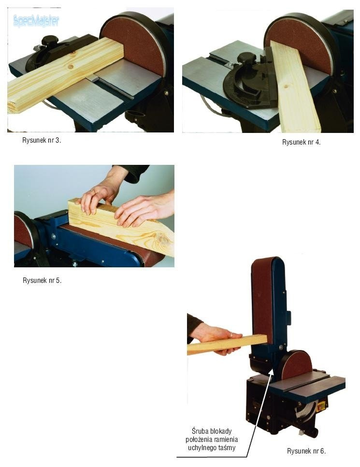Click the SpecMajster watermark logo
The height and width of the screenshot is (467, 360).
click(36, 21)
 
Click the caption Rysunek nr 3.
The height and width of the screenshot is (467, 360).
click(42, 140)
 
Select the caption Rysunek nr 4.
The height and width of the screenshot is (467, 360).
click(302, 142)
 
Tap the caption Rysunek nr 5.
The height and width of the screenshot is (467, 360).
click(42, 280)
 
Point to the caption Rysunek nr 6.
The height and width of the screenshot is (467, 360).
click(306, 451)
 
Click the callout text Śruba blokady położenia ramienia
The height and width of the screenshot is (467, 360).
click(212, 435)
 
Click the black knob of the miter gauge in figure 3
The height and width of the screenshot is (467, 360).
click(49, 41)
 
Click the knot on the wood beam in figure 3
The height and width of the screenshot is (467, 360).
click(71, 67)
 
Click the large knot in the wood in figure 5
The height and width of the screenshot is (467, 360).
click(162, 238)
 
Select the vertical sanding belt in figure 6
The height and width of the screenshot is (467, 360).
click(262, 301)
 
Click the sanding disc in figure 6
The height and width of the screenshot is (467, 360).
click(296, 365)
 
